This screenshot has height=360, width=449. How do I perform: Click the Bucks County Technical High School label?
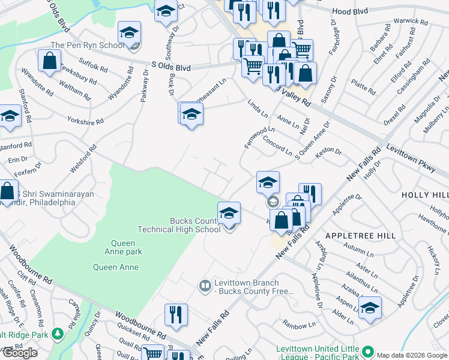coord(179,224)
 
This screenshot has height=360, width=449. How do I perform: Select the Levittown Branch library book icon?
coord(205,284)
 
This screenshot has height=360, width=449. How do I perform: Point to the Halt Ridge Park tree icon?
coord(58,334)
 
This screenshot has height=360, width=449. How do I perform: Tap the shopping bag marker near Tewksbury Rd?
coord(49,61)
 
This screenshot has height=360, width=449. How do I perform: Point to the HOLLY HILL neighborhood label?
coord(426,195)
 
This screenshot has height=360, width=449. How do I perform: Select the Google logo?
coord(20,353)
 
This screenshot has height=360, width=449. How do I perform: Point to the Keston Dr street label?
coord(328,151)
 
